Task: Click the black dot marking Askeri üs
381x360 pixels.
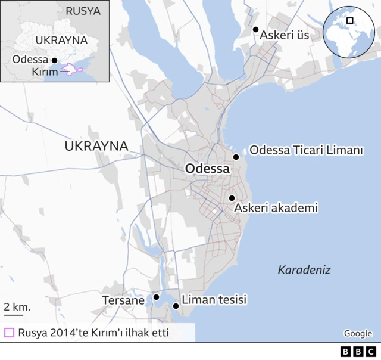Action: [255, 29]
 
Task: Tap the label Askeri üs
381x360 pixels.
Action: [285, 35]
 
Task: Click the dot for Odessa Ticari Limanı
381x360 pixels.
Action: [236, 157]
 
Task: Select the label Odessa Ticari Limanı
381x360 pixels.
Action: [305, 150]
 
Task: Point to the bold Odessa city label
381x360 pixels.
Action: [207, 169]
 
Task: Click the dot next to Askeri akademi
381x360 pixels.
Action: [232, 198]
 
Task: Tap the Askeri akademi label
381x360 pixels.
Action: [275, 208]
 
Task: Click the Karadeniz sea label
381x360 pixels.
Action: [304, 270]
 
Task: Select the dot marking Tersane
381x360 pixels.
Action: [156, 296]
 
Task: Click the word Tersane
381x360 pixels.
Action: [123, 300]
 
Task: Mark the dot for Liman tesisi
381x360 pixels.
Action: [176, 306]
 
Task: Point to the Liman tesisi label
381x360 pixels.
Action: [214, 300]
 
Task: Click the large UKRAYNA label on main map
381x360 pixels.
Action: [96, 146]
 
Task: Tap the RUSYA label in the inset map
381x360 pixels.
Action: [83, 11]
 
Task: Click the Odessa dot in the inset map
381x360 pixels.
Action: [54, 60]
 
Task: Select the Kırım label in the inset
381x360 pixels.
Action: [44, 72]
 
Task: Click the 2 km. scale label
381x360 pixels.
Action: [17, 306]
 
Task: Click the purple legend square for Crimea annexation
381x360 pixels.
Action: [9, 333]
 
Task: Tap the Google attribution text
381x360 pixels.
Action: [358, 333]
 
